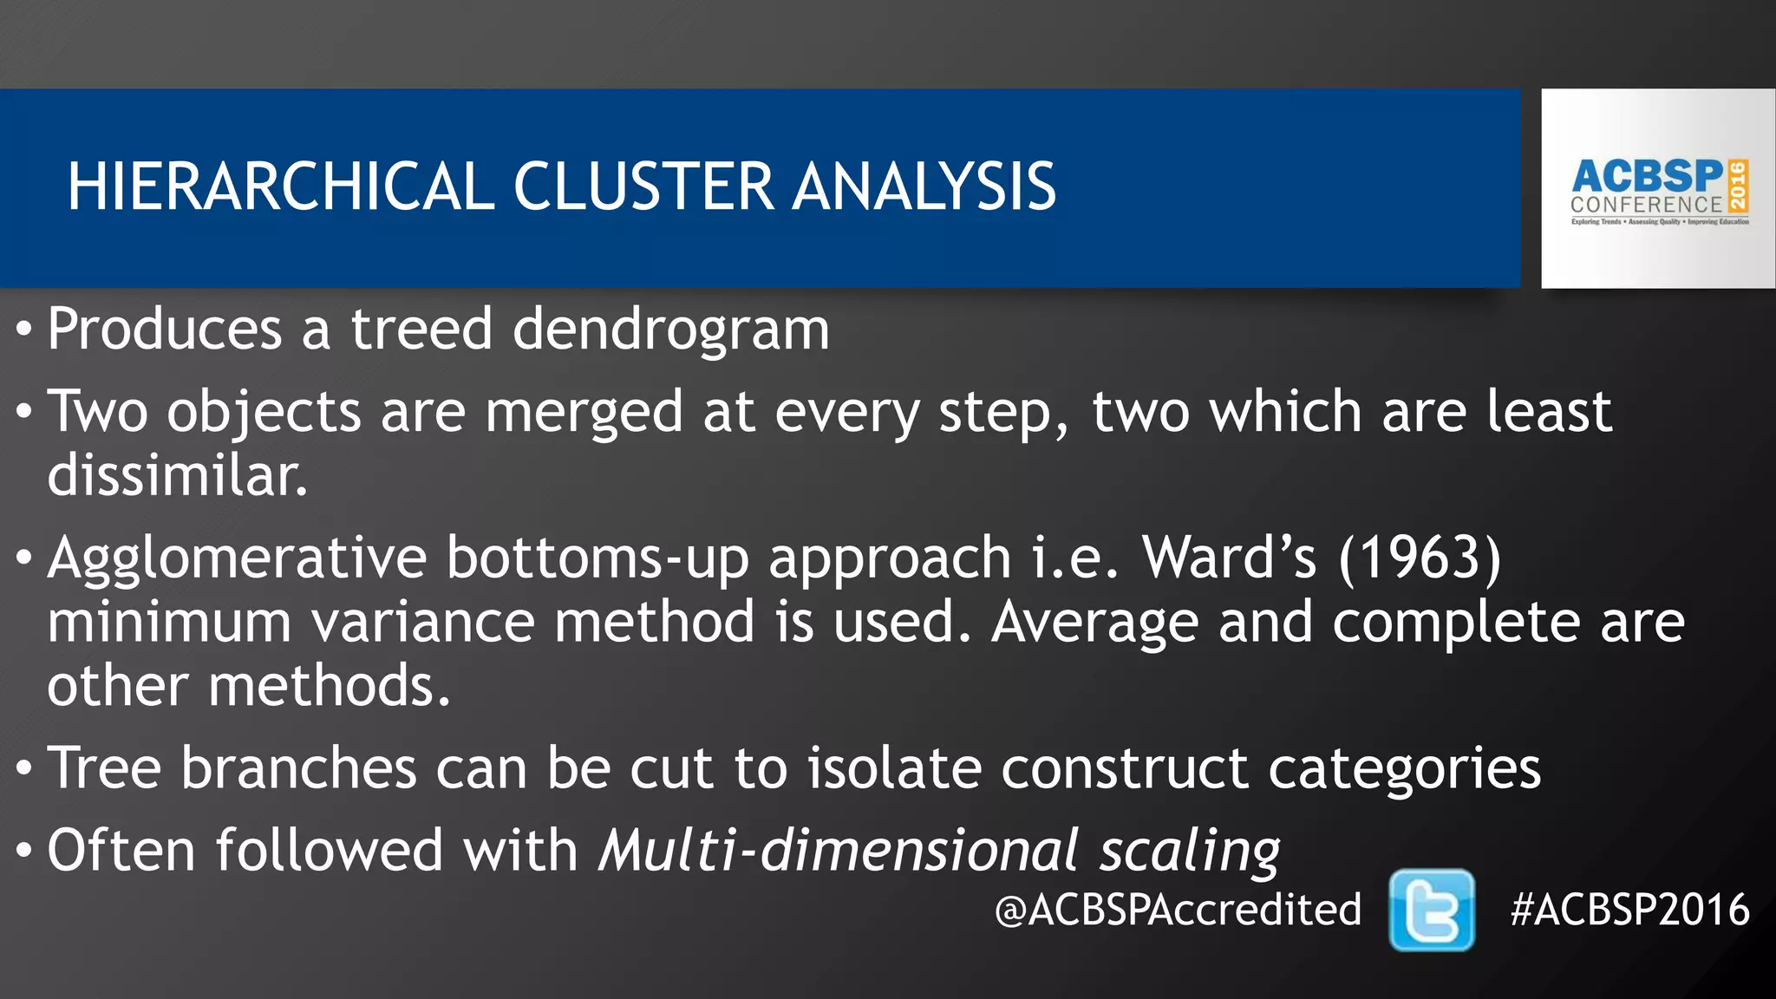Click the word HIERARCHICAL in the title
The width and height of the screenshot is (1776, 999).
[280, 186]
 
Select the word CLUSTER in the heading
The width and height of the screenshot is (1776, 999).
[643, 186]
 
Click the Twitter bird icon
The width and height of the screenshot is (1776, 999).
[1431, 910]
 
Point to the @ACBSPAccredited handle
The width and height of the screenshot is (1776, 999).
[1178, 910]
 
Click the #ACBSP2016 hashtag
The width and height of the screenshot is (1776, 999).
[1629, 910]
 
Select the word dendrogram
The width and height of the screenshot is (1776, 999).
[670, 330]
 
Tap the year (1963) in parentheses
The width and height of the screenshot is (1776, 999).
[1420, 558]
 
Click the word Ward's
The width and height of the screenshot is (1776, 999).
[1230, 558]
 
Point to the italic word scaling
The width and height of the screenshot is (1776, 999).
[1190, 851]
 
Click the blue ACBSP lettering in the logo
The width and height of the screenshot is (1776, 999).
[1647, 176]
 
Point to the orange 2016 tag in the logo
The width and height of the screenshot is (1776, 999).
[1738, 186]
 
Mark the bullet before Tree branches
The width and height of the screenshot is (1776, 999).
[24, 770]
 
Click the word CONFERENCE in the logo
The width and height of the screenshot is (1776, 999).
[1646, 206]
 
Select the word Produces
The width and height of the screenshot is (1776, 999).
[165, 329]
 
